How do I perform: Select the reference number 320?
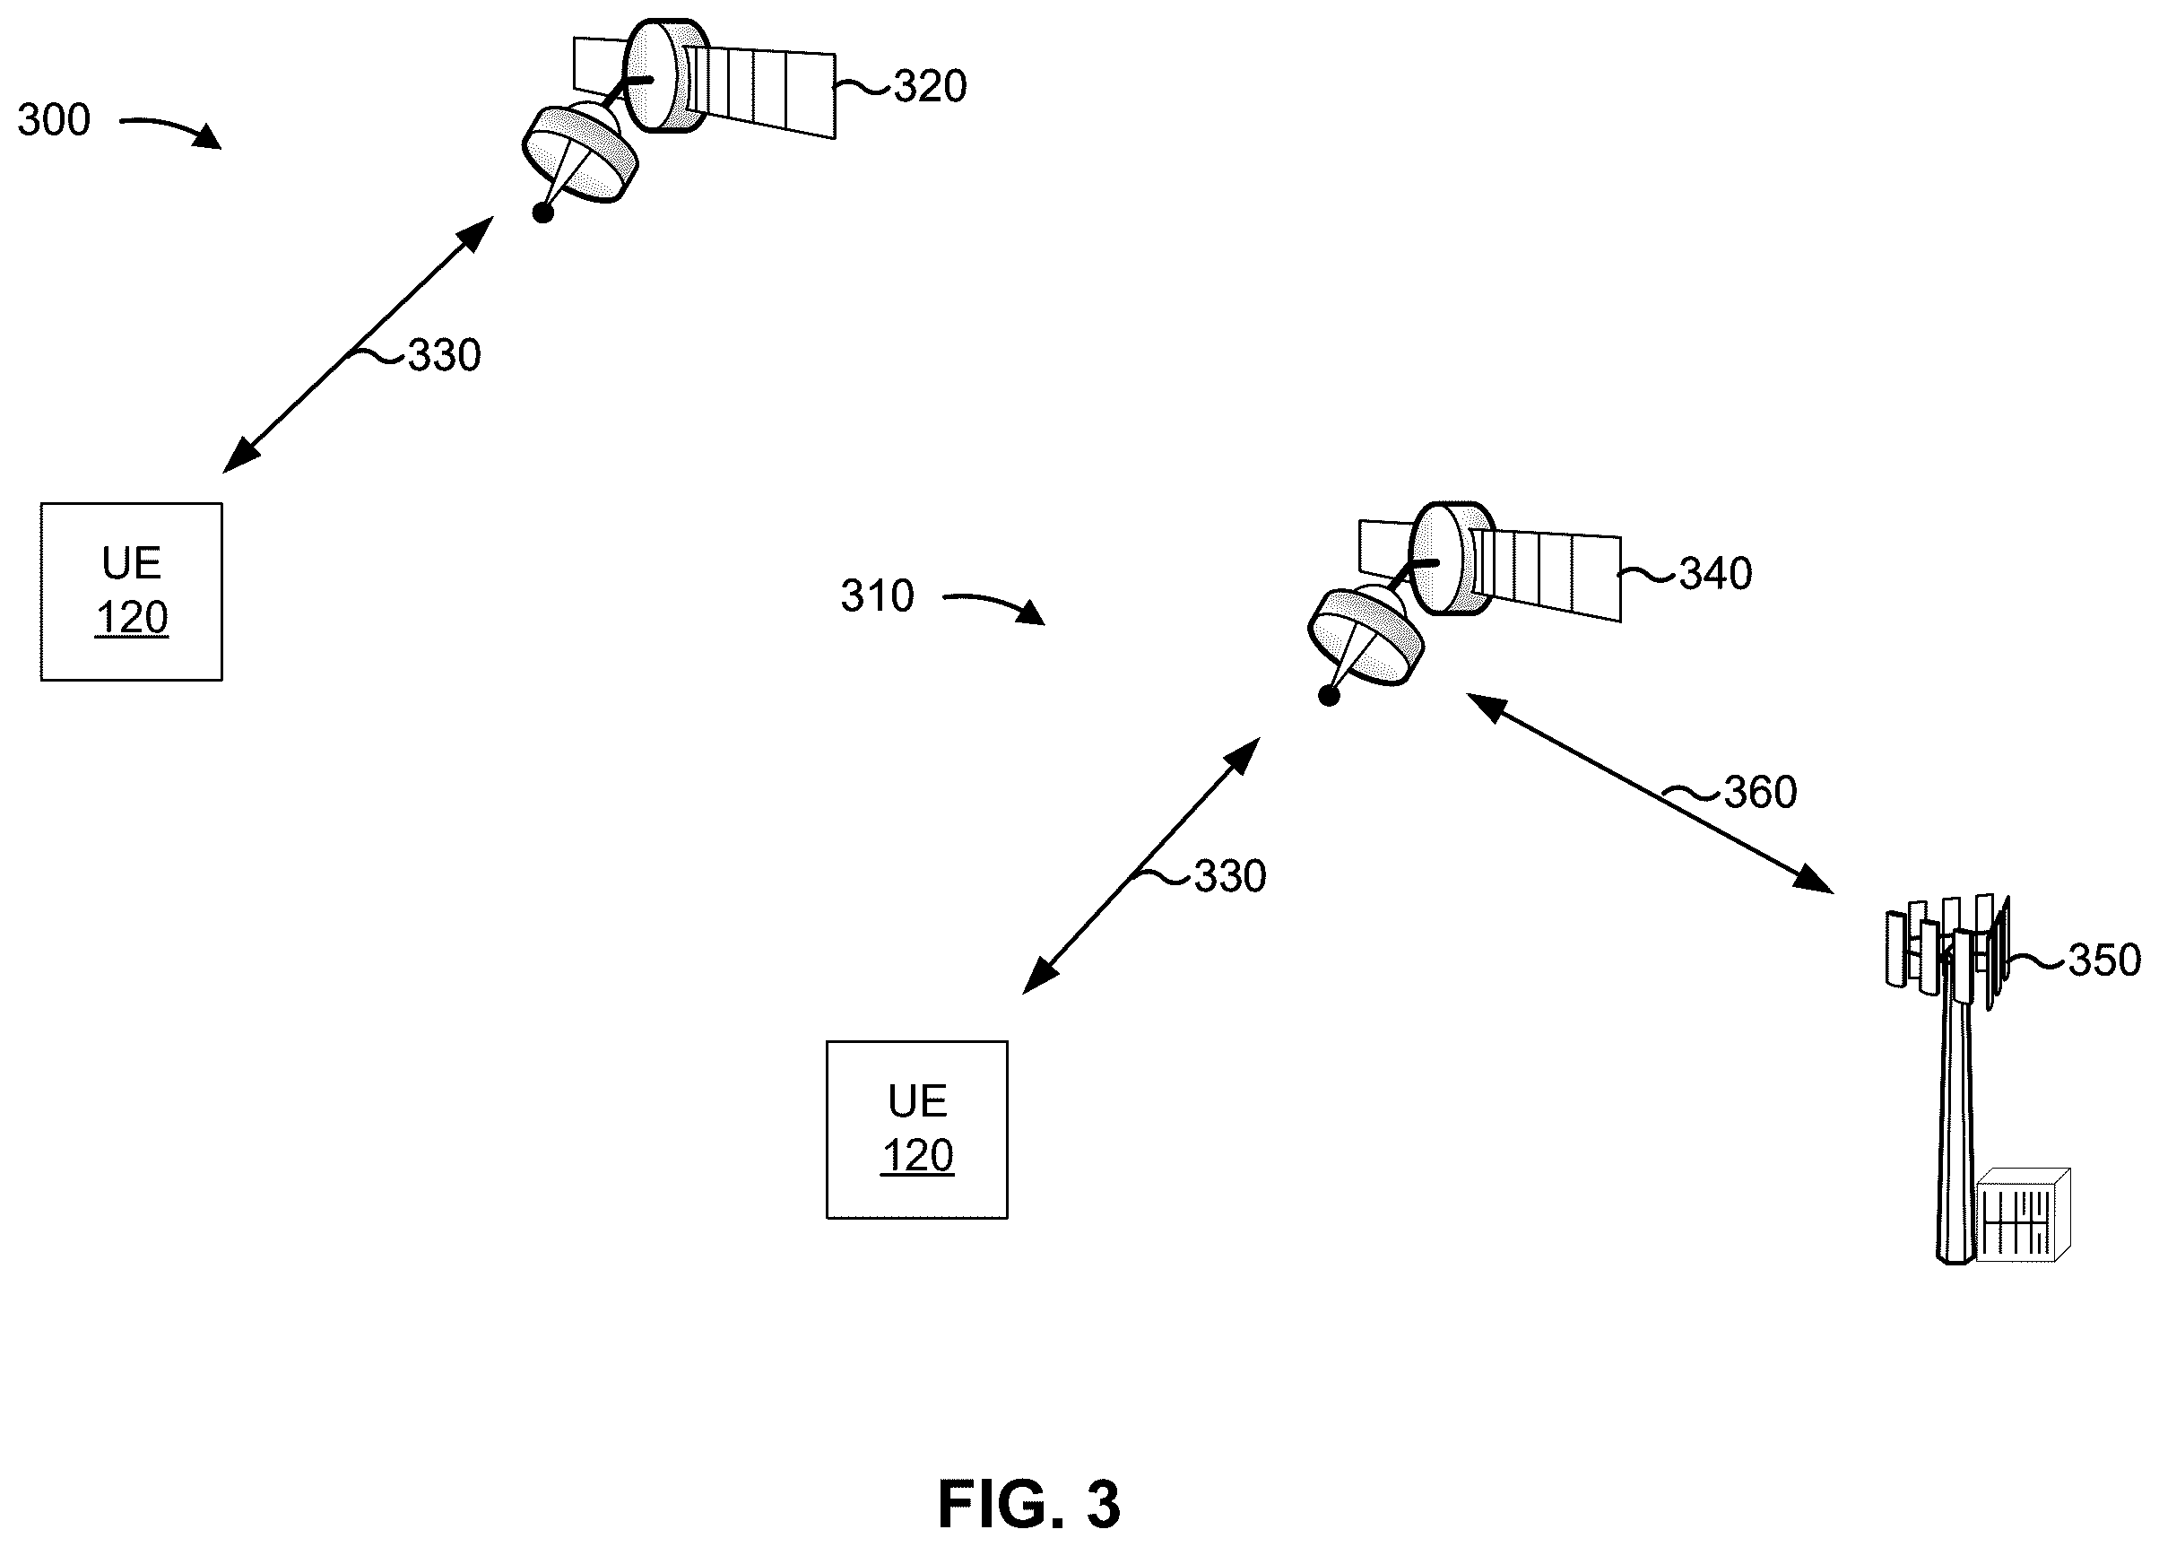pos(930,87)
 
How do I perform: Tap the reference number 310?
pos(877,596)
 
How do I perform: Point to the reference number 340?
pos(1715,574)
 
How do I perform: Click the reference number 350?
pos(2104,960)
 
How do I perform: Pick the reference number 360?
pos(1760,792)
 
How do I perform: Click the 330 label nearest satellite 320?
pos(445,356)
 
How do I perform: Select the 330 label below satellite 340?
pos(1230,876)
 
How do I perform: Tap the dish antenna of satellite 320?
pos(580,152)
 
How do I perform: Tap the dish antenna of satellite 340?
pos(1366,636)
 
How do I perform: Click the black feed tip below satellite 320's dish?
pos(542,213)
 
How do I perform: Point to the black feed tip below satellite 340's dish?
pos(1329,696)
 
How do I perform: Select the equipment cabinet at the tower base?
pos(2023,1215)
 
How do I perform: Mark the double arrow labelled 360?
pos(1650,793)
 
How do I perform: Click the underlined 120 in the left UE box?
pos(132,618)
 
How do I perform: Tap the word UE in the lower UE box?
pos(918,1101)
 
